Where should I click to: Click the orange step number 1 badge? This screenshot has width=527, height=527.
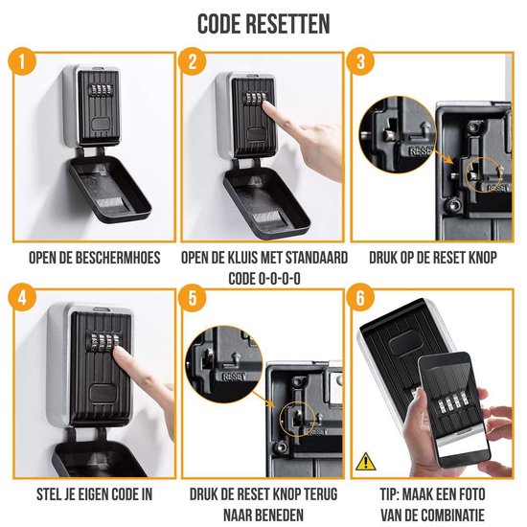[23, 61]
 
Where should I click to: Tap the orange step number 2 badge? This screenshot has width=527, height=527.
[192, 61]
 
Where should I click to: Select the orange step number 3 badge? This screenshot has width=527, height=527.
[360, 61]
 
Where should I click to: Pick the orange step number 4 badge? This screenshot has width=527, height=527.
[23, 297]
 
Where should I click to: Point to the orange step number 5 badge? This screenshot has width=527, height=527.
[192, 297]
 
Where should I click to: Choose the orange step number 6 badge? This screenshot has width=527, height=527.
[360, 297]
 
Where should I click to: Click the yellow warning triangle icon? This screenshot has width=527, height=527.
[366, 462]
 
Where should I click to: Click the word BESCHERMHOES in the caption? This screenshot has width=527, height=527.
[118, 258]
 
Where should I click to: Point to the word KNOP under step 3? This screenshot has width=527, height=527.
[480, 258]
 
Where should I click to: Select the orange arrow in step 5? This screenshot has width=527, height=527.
[263, 399]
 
